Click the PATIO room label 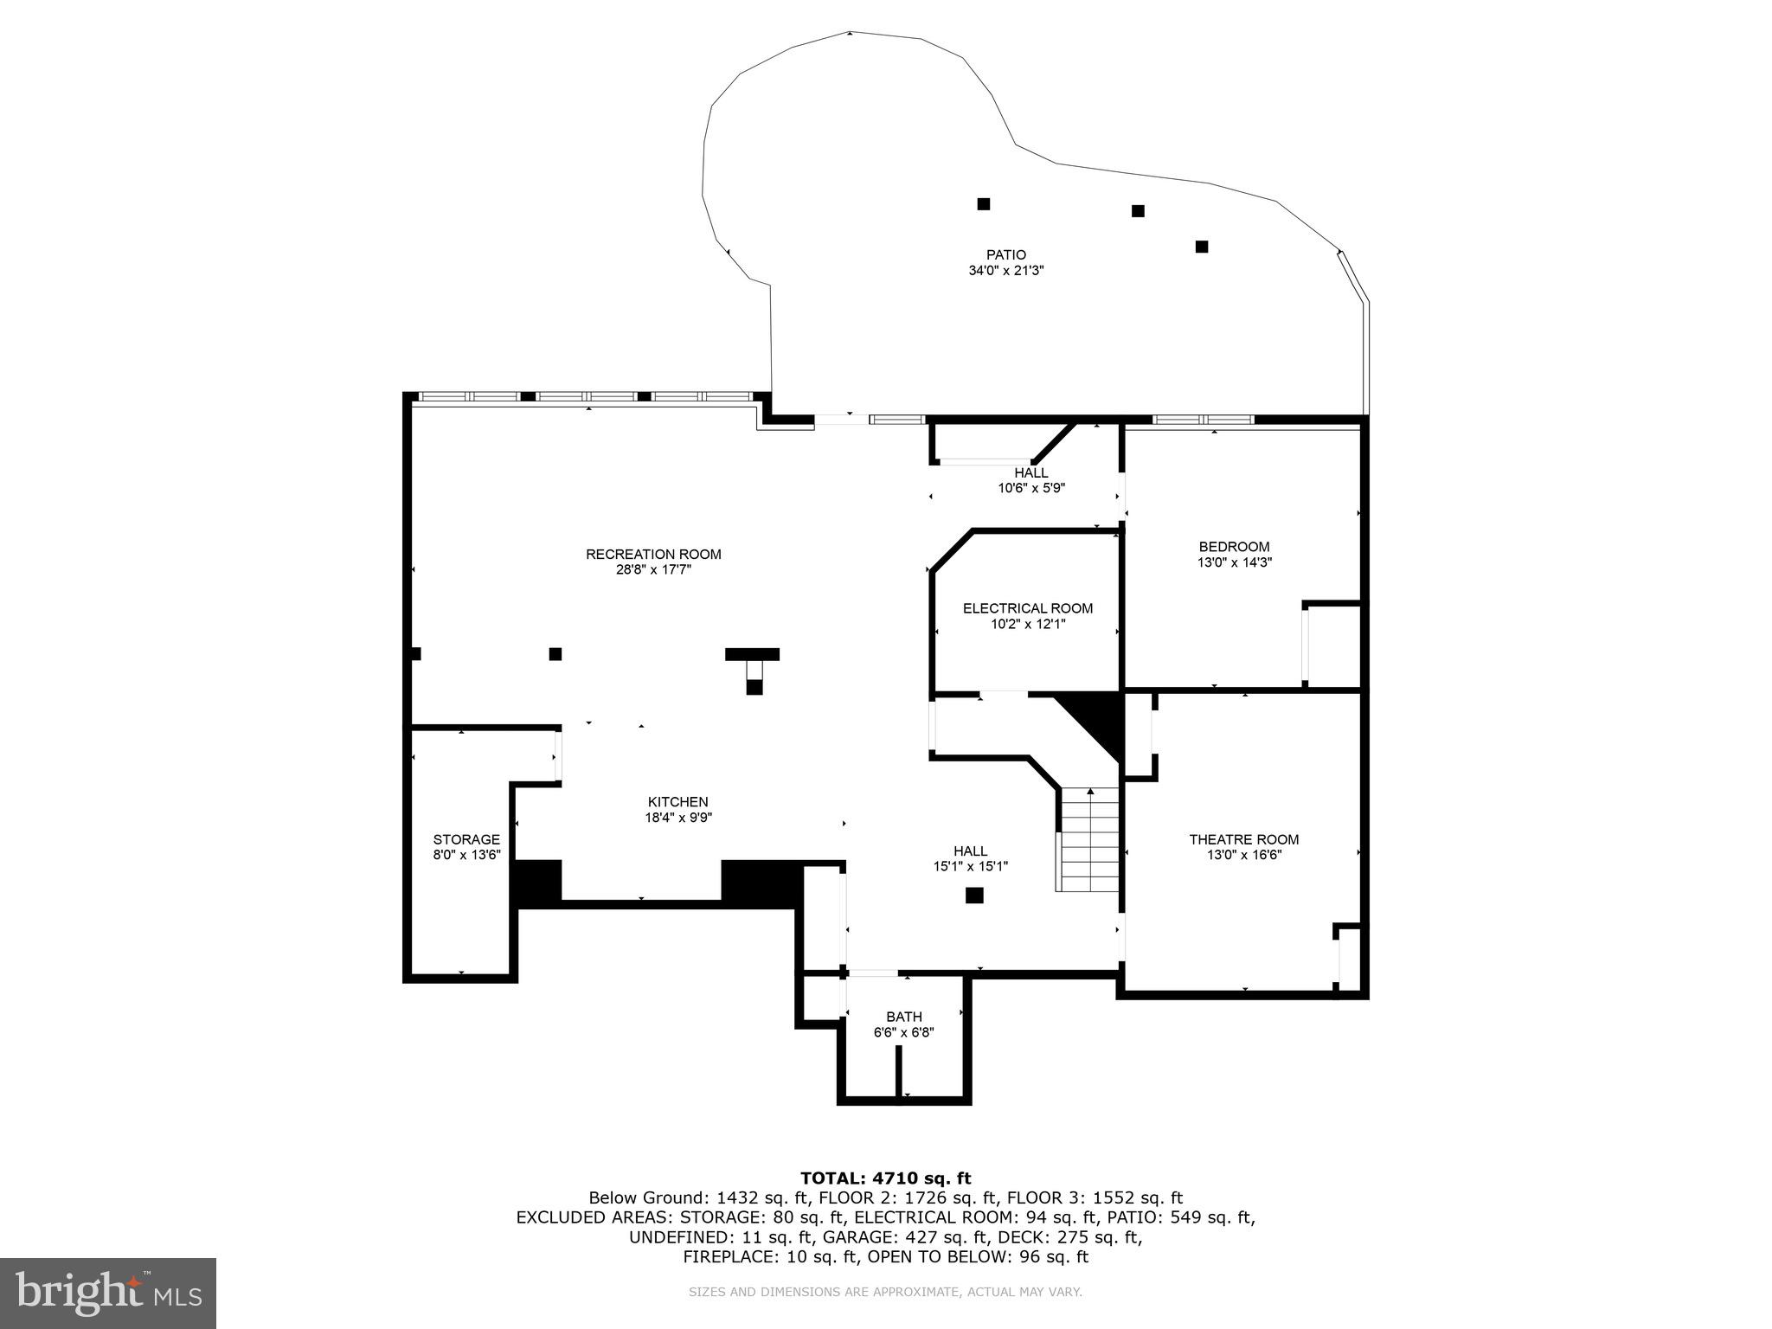point(1005,254)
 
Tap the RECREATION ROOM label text point(653,555)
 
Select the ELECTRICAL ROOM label point(1028,608)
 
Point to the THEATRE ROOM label point(1243,839)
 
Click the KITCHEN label point(678,802)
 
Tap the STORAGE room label point(466,839)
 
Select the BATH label point(903,1017)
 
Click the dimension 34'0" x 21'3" point(1005,271)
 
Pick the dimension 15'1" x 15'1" point(970,866)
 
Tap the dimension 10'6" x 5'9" point(1030,488)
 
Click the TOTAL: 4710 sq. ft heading point(885,1178)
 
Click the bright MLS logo point(108,1293)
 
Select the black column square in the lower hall point(974,896)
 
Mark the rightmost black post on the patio point(1201,247)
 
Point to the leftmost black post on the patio point(983,204)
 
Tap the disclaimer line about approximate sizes point(885,1292)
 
